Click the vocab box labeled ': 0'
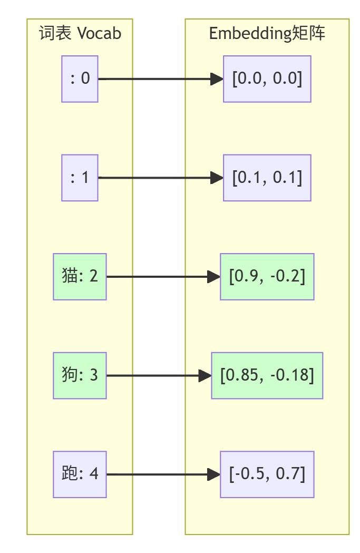[x=80, y=79]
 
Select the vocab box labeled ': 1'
[x=80, y=178]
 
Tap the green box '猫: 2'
[x=80, y=277]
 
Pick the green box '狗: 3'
[x=80, y=375]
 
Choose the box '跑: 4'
[x=80, y=474]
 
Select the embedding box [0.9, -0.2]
[x=267, y=277]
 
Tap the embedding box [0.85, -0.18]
[x=267, y=375]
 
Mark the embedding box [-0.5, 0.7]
[x=267, y=474]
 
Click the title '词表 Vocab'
[x=80, y=34]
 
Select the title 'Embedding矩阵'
[x=267, y=34]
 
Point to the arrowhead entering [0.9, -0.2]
[x=214, y=277]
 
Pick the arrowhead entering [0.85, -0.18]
[x=205, y=375]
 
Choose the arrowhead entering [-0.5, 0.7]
[x=214, y=474]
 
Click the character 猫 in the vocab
[x=69, y=277]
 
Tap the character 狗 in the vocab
[x=69, y=375]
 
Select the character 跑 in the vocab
[x=69, y=474]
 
